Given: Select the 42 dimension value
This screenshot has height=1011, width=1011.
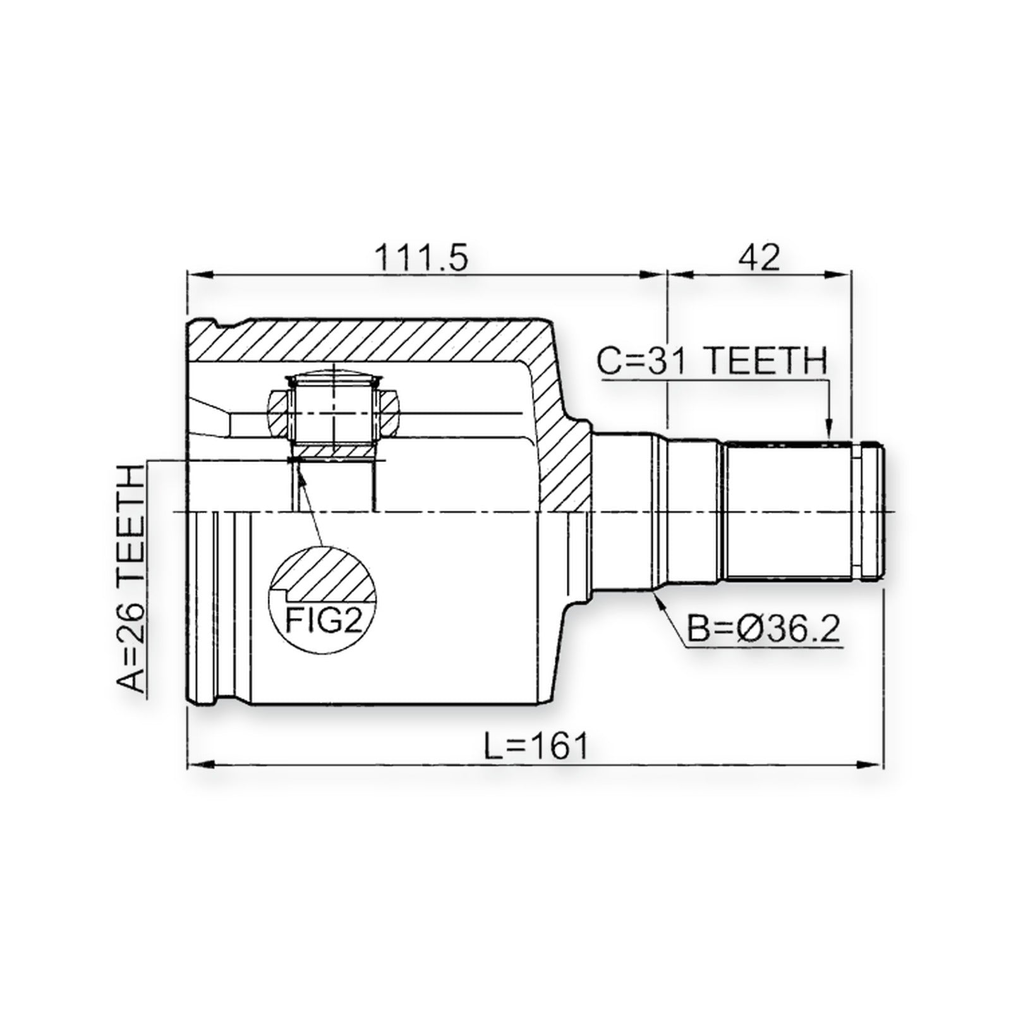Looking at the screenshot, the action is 759,257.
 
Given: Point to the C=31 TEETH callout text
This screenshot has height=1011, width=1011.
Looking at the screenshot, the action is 713,361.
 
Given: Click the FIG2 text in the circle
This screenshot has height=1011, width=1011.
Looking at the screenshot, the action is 324,620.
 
